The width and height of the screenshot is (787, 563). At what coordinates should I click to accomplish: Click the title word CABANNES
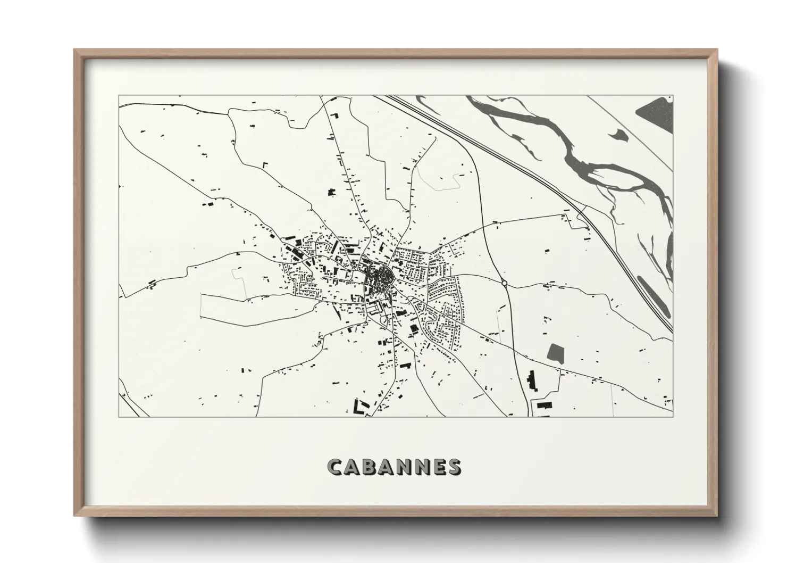[394, 467]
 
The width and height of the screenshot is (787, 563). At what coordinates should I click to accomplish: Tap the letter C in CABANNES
[336, 467]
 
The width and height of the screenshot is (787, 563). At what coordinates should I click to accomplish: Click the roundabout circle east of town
[504, 283]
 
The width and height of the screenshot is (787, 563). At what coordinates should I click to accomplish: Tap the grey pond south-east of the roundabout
[555, 353]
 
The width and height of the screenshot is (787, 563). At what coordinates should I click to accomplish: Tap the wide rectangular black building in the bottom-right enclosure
[543, 405]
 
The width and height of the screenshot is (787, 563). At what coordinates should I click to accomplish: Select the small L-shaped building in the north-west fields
[264, 164]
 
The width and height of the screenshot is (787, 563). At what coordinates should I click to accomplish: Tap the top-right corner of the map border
[672, 96]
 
